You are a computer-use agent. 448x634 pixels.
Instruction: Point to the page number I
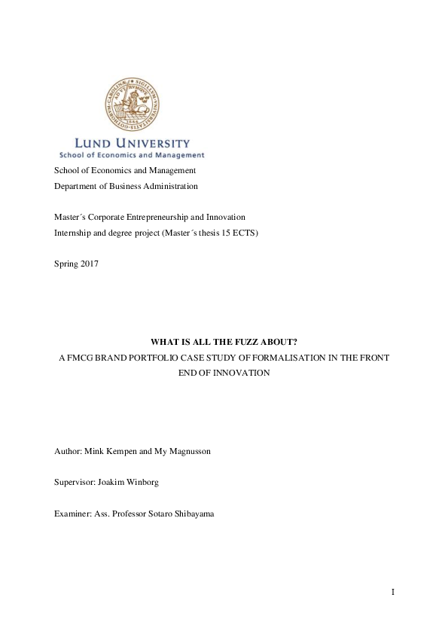(x=392, y=593)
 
